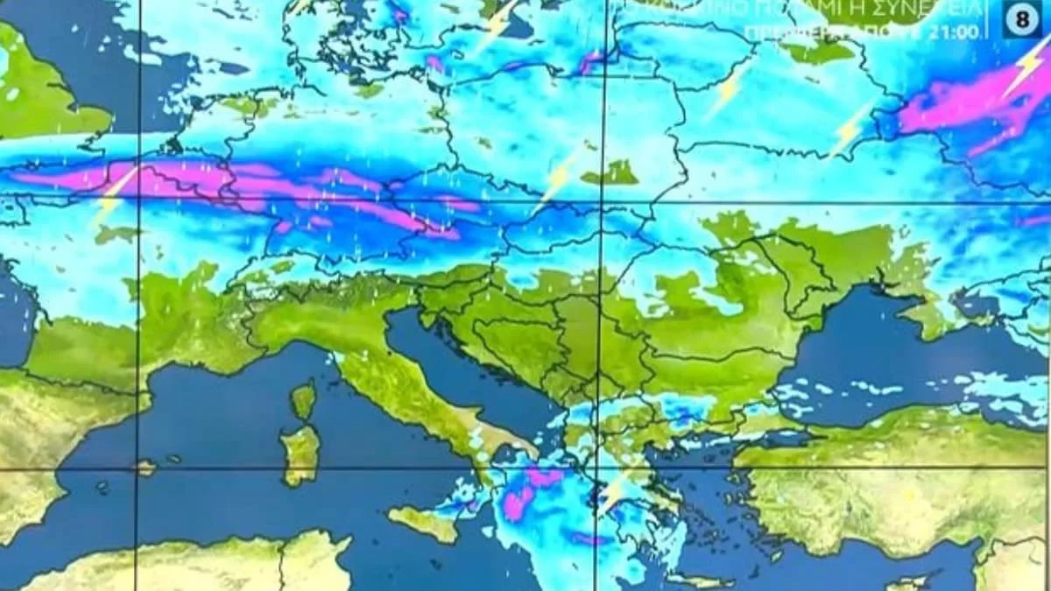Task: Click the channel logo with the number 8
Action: pos(1022,20)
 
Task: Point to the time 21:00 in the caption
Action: pos(961,33)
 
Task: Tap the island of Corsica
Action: pos(303,400)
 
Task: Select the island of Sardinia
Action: pos(300,454)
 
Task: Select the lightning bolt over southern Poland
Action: pos(555,179)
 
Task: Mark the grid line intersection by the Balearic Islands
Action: pos(138,470)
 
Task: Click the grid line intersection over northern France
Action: pos(138,200)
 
